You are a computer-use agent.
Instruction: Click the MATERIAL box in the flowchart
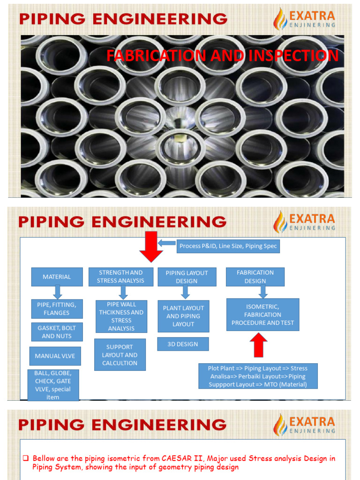57,277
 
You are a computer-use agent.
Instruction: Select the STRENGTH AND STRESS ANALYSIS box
120,277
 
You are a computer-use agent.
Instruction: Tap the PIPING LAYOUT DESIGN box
187,277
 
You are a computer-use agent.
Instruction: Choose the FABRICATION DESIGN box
255,277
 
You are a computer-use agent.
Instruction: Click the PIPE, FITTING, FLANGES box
57,309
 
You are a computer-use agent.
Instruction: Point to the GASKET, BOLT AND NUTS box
57,332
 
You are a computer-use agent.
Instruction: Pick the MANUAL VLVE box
55,356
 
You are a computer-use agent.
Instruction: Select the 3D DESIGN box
183,344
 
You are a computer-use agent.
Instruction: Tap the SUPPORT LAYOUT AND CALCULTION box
120,355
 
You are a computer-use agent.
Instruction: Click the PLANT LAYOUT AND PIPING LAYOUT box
183,316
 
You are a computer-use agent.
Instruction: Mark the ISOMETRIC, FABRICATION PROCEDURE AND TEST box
262,315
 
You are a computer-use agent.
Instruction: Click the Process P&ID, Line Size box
228,246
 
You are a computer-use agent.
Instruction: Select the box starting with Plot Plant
257,376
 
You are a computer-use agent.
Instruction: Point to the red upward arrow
259,345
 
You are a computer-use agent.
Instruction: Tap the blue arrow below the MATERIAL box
57,292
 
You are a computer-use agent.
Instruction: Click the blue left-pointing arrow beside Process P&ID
166,243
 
